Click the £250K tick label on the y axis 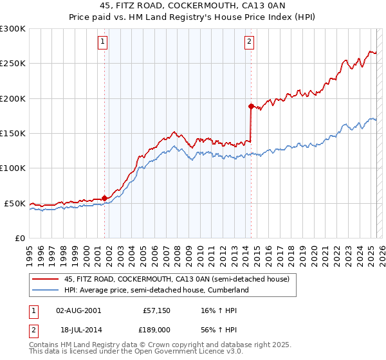[x=13, y=64]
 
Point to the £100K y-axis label [x=13, y=168]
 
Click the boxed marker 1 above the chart [x=103, y=43]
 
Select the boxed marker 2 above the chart [x=249, y=43]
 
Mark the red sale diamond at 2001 [x=104, y=198]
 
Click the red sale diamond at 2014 [x=251, y=106]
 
